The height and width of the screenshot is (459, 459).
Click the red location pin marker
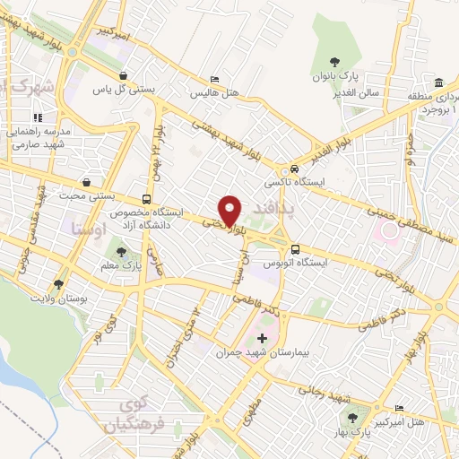230,211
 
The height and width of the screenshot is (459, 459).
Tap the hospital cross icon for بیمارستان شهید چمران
262,339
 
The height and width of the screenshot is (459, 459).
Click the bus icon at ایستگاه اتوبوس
295,250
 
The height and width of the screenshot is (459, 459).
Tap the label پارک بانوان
334,76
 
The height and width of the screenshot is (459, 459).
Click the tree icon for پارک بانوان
335,62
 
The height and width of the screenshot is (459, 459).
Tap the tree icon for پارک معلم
122,252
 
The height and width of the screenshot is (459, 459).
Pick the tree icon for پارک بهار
351,419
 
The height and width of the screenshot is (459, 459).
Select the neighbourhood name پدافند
269,208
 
